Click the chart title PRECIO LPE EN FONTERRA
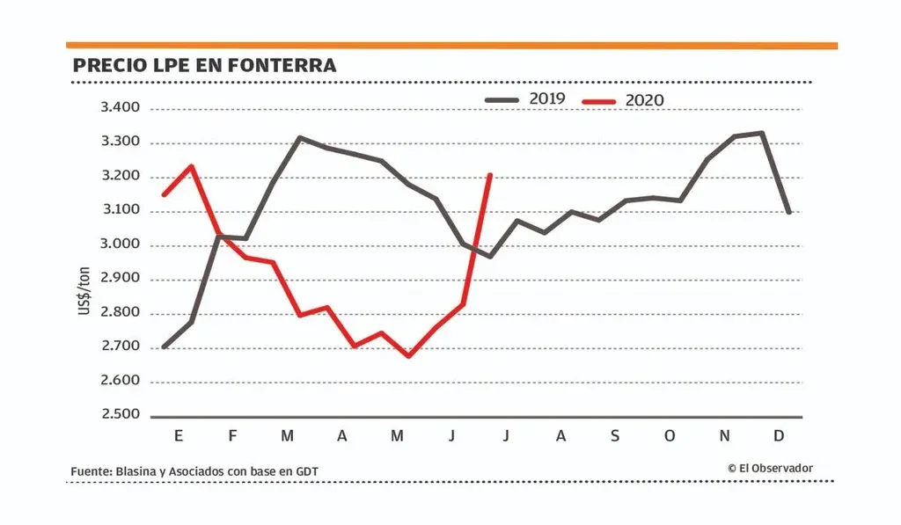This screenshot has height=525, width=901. [x=204, y=66]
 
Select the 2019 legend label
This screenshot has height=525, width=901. [x=546, y=98]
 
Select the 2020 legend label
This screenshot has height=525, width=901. [x=644, y=100]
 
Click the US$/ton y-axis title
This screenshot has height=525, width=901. [x=85, y=294]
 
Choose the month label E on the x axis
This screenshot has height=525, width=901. [x=179, y=436]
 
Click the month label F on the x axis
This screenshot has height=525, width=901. [x=233, y=436]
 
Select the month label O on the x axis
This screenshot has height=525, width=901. [x=670, y=436]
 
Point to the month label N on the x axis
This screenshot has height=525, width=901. [x=725, y=436]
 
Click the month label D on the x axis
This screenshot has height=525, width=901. [x=780, y=436]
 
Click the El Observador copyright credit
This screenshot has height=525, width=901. [x=770, y=469]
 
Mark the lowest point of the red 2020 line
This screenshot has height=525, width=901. [x=408, y=356]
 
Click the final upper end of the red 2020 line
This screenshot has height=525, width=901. [x=490, y=175]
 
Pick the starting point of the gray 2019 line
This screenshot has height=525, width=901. [x=164, y=347]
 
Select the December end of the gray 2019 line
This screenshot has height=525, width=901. [x=789, y=212]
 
